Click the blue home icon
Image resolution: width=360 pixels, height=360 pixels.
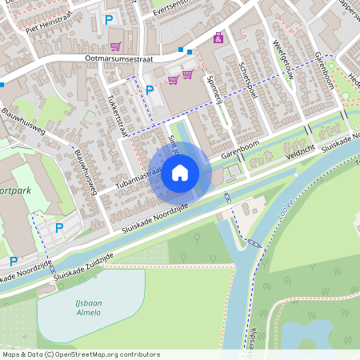(180, 172)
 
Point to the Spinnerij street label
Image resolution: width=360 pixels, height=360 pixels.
(214, 89)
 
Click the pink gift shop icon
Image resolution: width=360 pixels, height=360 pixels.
(218, 37)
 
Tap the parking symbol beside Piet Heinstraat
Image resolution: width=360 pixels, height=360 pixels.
(109, 18)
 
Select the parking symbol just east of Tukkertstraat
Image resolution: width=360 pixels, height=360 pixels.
(149, 90)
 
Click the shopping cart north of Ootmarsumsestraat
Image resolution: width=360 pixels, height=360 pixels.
(116, 46)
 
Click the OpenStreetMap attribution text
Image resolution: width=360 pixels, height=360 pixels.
(81, 354)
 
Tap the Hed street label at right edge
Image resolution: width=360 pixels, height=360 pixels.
(354, 81)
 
